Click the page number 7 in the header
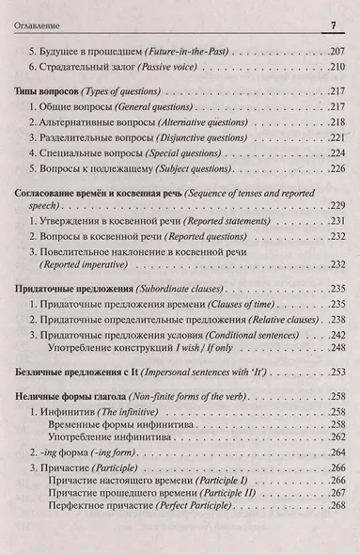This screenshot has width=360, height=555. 334,24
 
